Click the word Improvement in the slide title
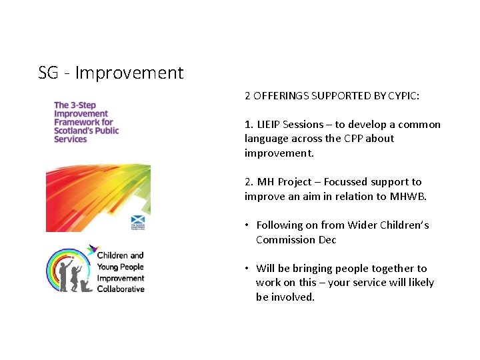pyautogui.click(x=129, y=73)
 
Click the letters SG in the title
pyautogui.click(x=49, y=73)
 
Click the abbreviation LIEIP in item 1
pyautogui.click(x=268, y=125)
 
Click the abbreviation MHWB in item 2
pyautogui.click(x=408, y=196)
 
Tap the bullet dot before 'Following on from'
pyautogui.click(x=246, y=225)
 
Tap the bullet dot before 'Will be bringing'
pyautogui.click(x=246, y=269)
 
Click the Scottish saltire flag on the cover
pyautogui.click(x=138, y=219)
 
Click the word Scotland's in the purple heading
pyautogui.click(x=75, y=131)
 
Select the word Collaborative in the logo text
pyautogui.click(x=121, y=289)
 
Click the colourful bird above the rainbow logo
pyautogui.click(x=91, y=251)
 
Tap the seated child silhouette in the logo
pyautogui.click(x=84, y=285)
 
